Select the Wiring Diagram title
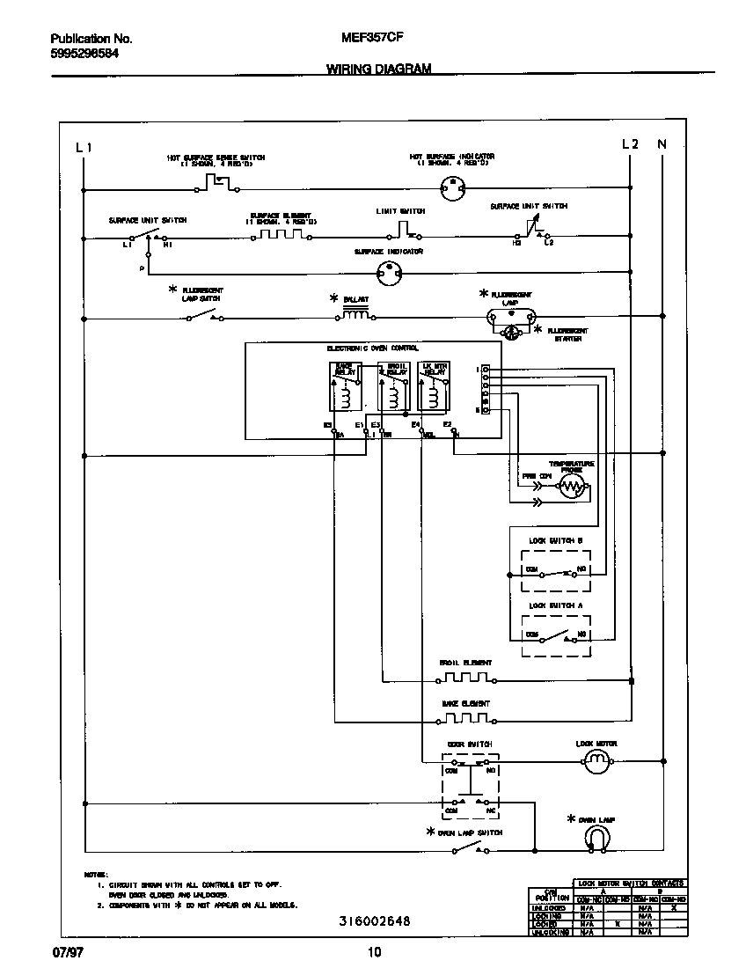click(x=378, y=68)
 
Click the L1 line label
click(x=84, y=146)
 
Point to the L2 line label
click(x=630, y=144)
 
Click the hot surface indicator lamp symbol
click(x=452, y=186)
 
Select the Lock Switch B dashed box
click(x=556, y=570)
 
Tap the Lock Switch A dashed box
click(x=556, y=635)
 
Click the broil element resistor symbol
click(x=465, y=678)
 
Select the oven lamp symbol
click(x=597, y=840)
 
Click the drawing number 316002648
click(x=375, y=921)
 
